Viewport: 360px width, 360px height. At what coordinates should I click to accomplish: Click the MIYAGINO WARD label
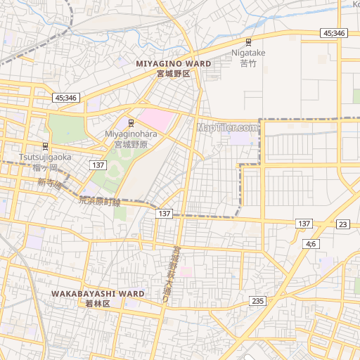pyautogui.click(x=174, y=63)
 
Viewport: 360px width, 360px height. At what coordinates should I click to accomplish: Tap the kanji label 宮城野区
pyautogui.click(x=174, y=73)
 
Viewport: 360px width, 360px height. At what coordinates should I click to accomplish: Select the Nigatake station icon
pyautogui.click(x=248, y=42)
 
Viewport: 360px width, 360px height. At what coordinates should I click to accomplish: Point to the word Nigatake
pyautogui.click(x=248, y=53)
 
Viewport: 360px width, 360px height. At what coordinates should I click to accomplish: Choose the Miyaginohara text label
pyautogui.click(x=131, y=134)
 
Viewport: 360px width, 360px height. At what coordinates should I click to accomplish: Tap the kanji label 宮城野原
pyautogui.click(x=131, y=144)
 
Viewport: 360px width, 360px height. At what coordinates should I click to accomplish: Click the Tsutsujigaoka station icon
pyautogui.click(x=46, y=146)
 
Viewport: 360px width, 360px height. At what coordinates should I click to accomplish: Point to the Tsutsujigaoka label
pyautogui.click(x=46, y=157)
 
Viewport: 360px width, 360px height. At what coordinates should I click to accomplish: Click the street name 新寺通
pyautogui.click(x=50, y=184)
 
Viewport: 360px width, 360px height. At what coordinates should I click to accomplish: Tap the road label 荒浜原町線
pyautogui.click(x=99, y=201)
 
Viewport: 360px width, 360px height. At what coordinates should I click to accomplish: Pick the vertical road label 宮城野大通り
pyautogui.click(x=171, y=274)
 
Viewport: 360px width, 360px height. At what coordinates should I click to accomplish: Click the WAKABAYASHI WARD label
pyautogui.click(x=98, y=293)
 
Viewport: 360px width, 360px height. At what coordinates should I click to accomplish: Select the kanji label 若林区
pyautogui.click(x=98, y=304)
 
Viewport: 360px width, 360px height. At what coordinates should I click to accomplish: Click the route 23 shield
pyautogui.click(x=342, y=224)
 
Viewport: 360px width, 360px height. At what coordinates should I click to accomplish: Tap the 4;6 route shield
pyautogui.click(x=311, y=243)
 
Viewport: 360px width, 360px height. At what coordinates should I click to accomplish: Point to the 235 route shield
pyautogui.click(x=258, y=301)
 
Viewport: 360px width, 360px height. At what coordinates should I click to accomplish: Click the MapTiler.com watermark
pyautogui.click(x=227, y=127)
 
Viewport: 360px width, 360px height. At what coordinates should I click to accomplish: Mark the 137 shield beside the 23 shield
pyautogui.click(x=304, y=223)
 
